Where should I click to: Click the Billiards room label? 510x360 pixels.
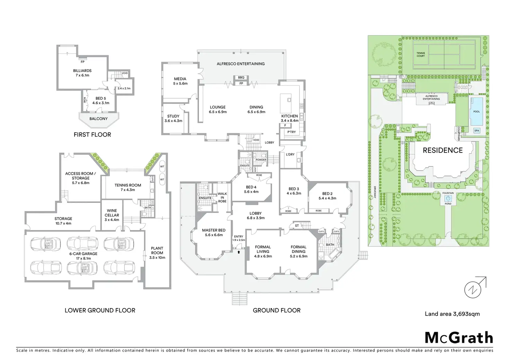pos(82,73)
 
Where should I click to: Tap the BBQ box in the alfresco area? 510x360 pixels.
pos(241,78)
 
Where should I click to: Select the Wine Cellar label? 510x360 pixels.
pos(112,215)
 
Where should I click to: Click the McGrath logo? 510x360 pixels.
pos(458,337)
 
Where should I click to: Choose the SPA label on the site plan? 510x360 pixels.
pos(477,131)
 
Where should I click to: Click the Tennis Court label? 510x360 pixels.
pos(421,54)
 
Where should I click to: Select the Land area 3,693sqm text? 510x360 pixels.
pos(452,314)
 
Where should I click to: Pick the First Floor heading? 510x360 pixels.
pos(92,135)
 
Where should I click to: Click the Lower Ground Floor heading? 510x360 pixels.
pos(100,310)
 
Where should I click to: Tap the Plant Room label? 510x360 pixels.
pos(157,253)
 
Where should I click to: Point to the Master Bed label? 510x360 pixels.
pos(214,232)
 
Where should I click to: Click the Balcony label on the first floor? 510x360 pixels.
pos(98,119)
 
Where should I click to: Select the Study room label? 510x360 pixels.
pos(173,118)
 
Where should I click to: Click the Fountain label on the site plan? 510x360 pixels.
pos(448,193)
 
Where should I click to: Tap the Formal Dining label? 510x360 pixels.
pos(298,252)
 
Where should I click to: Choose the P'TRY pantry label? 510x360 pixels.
pos(292,132)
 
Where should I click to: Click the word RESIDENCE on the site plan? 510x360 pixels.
pos(442,150)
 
